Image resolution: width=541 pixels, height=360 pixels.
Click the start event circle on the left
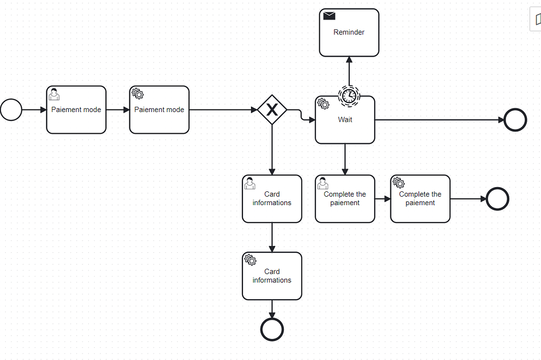click(11, 110)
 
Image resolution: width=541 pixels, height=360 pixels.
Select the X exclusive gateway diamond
click(272, 110)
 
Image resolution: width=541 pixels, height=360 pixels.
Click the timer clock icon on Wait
click(348, 96)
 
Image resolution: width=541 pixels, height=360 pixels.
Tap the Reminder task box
click(349, 33)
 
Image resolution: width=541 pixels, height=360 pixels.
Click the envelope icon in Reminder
click(329, 16)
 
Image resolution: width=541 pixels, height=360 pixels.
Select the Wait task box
click(345, 125)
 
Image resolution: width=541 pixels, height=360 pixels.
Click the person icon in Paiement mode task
click(54, 95)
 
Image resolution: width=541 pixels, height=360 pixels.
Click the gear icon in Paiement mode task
click(137, 94)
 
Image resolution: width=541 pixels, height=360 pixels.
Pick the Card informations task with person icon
click(272, 199)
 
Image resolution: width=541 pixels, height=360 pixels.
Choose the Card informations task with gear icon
click(272, 276)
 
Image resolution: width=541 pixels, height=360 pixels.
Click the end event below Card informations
click(272, 329)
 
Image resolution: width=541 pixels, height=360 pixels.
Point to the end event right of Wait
click(515, 120)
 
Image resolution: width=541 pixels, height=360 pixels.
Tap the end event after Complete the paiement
click(497, 199)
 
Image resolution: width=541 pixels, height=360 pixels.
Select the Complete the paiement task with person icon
click(345, 199)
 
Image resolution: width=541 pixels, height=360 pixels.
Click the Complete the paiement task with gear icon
click(420, 199)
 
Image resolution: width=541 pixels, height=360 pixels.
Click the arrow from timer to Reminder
click(349, 71)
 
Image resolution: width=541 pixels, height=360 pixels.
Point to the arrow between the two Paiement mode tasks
click(118, 110)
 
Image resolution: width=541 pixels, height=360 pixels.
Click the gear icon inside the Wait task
click(323, 104)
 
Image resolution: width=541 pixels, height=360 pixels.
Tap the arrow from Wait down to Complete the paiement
click(345, 159)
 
